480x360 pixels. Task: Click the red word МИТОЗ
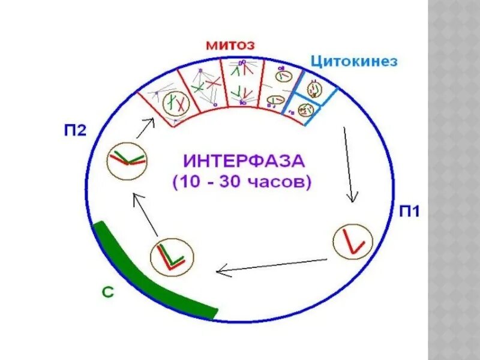coord(230,45)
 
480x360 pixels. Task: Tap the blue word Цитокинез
coord(353,61)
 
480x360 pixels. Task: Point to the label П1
coord(410,211)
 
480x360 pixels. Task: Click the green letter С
coord(106,293)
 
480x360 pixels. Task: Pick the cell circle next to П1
coord(352,241)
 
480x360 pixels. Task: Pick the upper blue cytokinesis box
coord(314,88)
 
